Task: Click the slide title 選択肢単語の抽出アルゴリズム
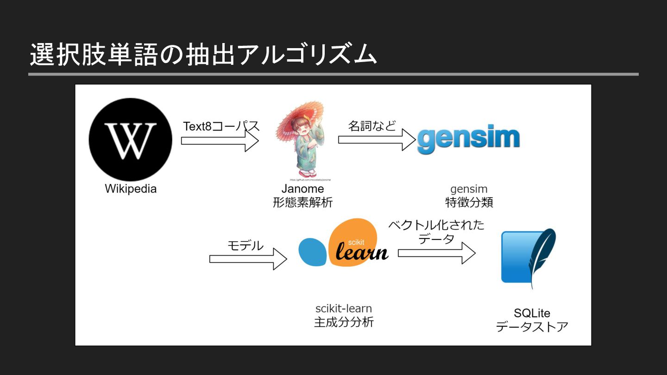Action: pyautogui.click(x=203, y=55)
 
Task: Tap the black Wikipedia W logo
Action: pyautogui.click(x=130, y=139)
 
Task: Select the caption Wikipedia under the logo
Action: pyautogui.click(x=131, y=189)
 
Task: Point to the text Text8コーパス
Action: pyautogui.click(x=221, y=126)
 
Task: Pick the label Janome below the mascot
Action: pyautogui.click(x=302, y=189)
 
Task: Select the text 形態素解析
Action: pyautogui.click(x=302, y=202)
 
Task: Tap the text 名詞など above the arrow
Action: pyautogui.click(x=372, y=125)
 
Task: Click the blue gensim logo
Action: pyautogui.click(x=468, y=138)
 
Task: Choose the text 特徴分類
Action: pyautogui.click(x=469, y=202)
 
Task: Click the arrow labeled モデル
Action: pyautogui.click(x=248, y=259)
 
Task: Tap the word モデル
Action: pyautogui.click(x=245, y=245)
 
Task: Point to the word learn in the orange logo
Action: pyautogui.click(x=362, y=252)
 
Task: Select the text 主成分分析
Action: pyautogui.click(x=344, y=322)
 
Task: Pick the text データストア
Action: pyautogui.click(x=532, y=327)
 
